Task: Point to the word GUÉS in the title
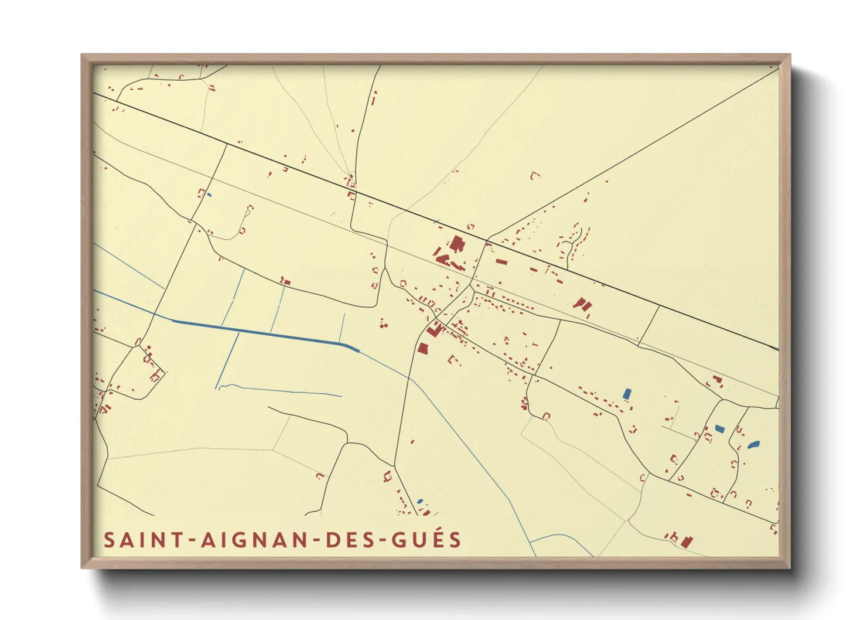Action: pos(426,540)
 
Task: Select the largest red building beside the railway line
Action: pos(456,244)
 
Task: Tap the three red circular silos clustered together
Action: pos(383,323)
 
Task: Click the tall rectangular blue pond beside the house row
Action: pos(627,394)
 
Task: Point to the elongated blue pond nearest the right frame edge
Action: pos(753,445)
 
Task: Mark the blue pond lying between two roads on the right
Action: pos(719,429)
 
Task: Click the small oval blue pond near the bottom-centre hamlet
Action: pos(420,501)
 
